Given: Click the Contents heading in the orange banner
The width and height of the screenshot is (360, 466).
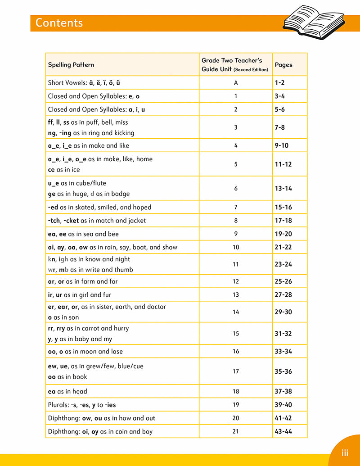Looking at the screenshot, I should (x=59, y=23).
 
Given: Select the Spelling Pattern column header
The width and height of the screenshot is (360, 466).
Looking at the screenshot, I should (x=71, y=65).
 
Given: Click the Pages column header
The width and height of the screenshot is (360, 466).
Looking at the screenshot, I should (x=283, y=65).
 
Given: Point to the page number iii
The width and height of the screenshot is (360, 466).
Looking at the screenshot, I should (x=345, y=452).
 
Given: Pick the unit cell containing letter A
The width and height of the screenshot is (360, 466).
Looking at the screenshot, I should (x=236, y=83).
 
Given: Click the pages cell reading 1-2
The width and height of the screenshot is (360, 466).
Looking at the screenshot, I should (x=280, y=83).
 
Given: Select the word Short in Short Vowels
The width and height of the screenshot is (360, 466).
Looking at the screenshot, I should (x=56, y=83).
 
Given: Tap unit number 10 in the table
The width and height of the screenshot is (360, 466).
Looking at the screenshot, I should (x=236, y=247).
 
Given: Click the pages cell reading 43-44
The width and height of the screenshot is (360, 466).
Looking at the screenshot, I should (x=283, y=431).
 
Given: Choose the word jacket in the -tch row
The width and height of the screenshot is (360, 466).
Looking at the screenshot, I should (x=136, y=221).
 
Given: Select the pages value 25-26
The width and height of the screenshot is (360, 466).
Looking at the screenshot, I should (x=283, y=281).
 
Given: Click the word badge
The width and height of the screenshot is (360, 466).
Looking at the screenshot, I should (x=120, y=194).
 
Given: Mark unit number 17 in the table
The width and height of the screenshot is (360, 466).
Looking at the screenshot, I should (x=236, y=371).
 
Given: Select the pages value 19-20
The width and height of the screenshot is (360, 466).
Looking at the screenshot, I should (x=283, y=234).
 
